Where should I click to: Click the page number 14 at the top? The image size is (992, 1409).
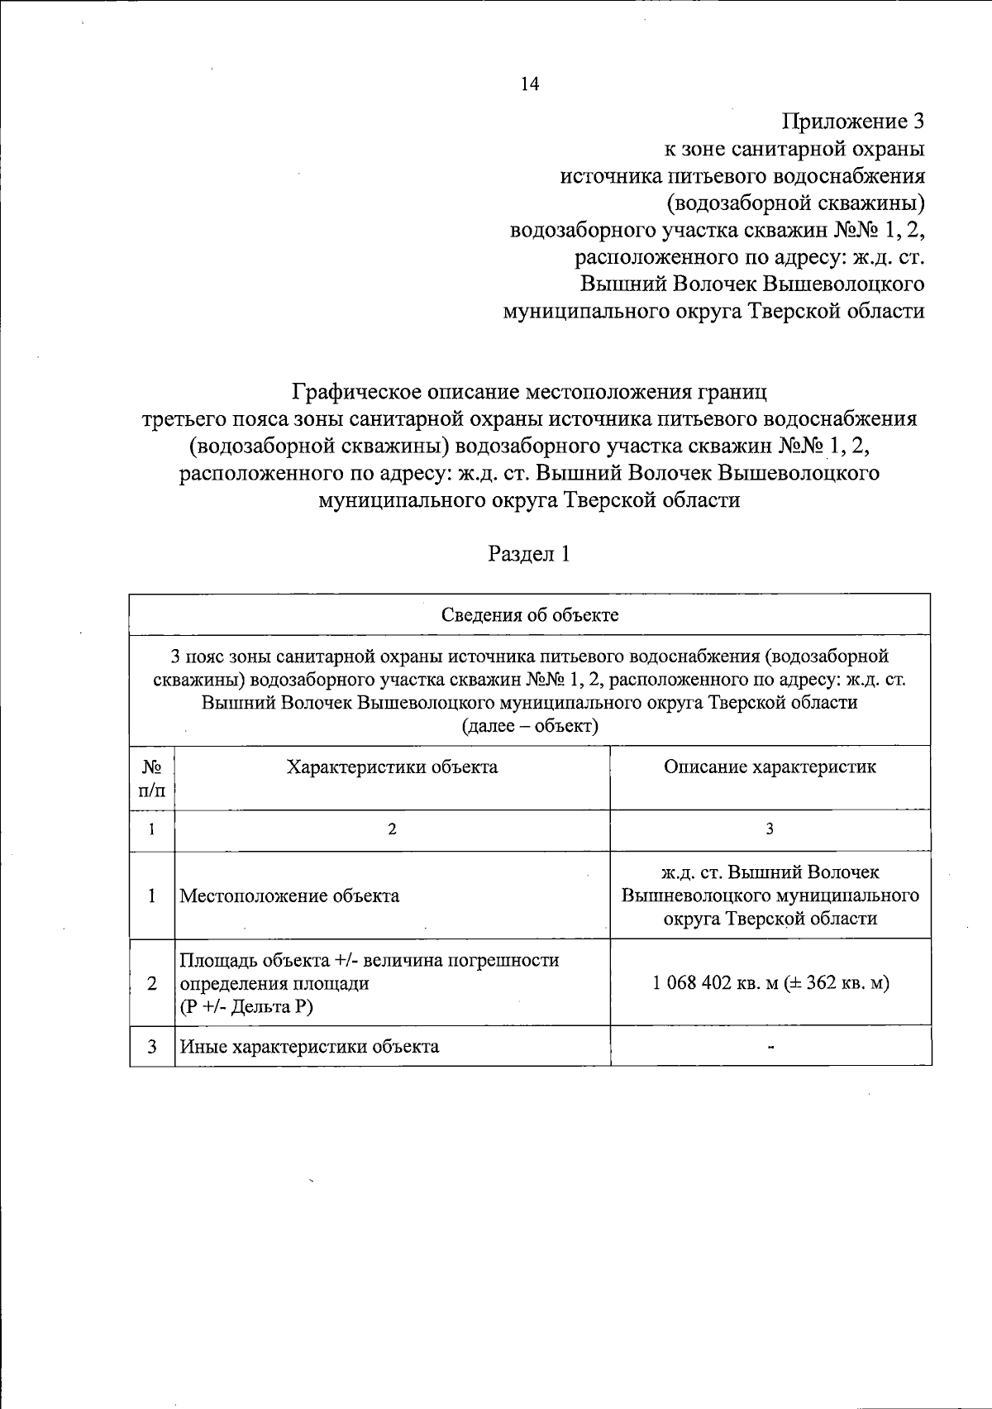coord(529,84)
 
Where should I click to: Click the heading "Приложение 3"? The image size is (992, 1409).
coord(852,122)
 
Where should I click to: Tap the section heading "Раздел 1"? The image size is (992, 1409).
coord(529,553)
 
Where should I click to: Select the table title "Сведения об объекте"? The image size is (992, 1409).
coord(530,615)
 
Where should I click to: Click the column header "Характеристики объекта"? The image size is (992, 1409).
coord(392,767)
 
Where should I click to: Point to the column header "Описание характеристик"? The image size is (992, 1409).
coord(770,767)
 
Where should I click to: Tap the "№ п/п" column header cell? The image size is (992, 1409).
coord(152,778)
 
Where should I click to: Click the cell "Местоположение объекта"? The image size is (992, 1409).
coord(290,896)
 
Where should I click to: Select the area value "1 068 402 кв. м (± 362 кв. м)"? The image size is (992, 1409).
coord(770,984)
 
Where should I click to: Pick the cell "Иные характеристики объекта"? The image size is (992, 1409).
coord(310,1046)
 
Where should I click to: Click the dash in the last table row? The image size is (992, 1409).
coord(770,1047)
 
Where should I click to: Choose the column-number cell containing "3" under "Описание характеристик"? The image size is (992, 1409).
coord(770,829)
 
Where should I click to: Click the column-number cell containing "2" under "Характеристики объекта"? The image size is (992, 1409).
coord(392,829)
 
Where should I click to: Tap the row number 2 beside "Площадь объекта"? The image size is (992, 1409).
coord(152,984)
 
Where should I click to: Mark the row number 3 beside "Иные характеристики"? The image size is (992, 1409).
coord(152,1046)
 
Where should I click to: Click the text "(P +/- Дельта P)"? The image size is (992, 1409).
coord(247,1006)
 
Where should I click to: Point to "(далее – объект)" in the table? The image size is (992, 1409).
coord(530,726)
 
